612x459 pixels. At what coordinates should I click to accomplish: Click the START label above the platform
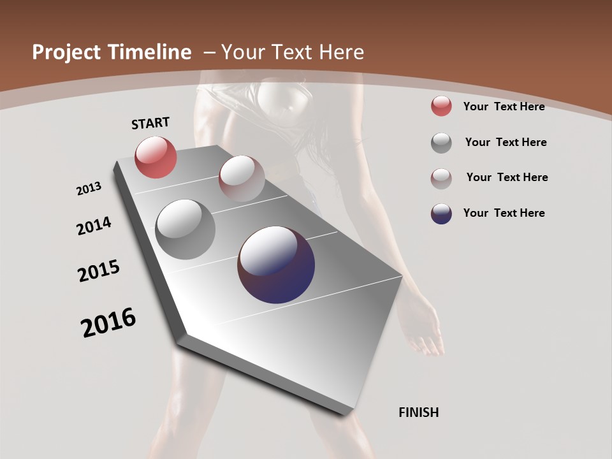150,123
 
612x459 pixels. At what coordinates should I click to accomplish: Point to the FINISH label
419,412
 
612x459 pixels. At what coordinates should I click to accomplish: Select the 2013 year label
89,189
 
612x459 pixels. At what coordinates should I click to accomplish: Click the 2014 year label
94,226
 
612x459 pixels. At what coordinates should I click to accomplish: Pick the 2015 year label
99,271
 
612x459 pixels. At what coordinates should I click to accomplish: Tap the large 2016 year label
108,323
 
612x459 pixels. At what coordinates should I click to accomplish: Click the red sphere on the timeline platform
156,157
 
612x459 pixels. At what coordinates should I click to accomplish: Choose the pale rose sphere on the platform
242,178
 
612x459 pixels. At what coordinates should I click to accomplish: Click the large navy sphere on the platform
276,265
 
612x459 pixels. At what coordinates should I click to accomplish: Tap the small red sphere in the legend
441,106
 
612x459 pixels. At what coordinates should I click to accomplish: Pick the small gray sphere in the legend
441,143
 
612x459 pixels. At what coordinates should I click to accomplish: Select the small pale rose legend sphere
441,178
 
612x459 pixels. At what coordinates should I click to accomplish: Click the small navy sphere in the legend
441,214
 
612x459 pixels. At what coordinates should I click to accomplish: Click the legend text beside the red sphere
504,106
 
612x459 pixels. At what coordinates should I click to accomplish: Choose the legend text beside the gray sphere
506,142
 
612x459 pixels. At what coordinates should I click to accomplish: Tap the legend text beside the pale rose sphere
507,177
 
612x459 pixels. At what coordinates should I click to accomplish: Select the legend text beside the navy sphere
504,213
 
